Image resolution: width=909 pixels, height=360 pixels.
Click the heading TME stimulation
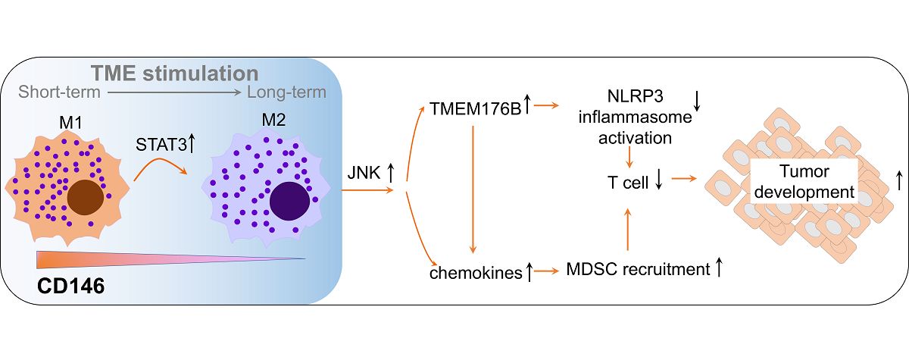(x=176, y=74)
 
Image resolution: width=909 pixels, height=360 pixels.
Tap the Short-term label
(x=59, y=93)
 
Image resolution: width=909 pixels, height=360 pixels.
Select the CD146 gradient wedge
(x=151, y=259)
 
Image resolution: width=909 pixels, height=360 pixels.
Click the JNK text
(x=367, y=173)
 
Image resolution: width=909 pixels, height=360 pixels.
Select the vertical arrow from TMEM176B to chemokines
(x=473, y=189)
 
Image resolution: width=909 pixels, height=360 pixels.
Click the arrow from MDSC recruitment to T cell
(x=627, y=227)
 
